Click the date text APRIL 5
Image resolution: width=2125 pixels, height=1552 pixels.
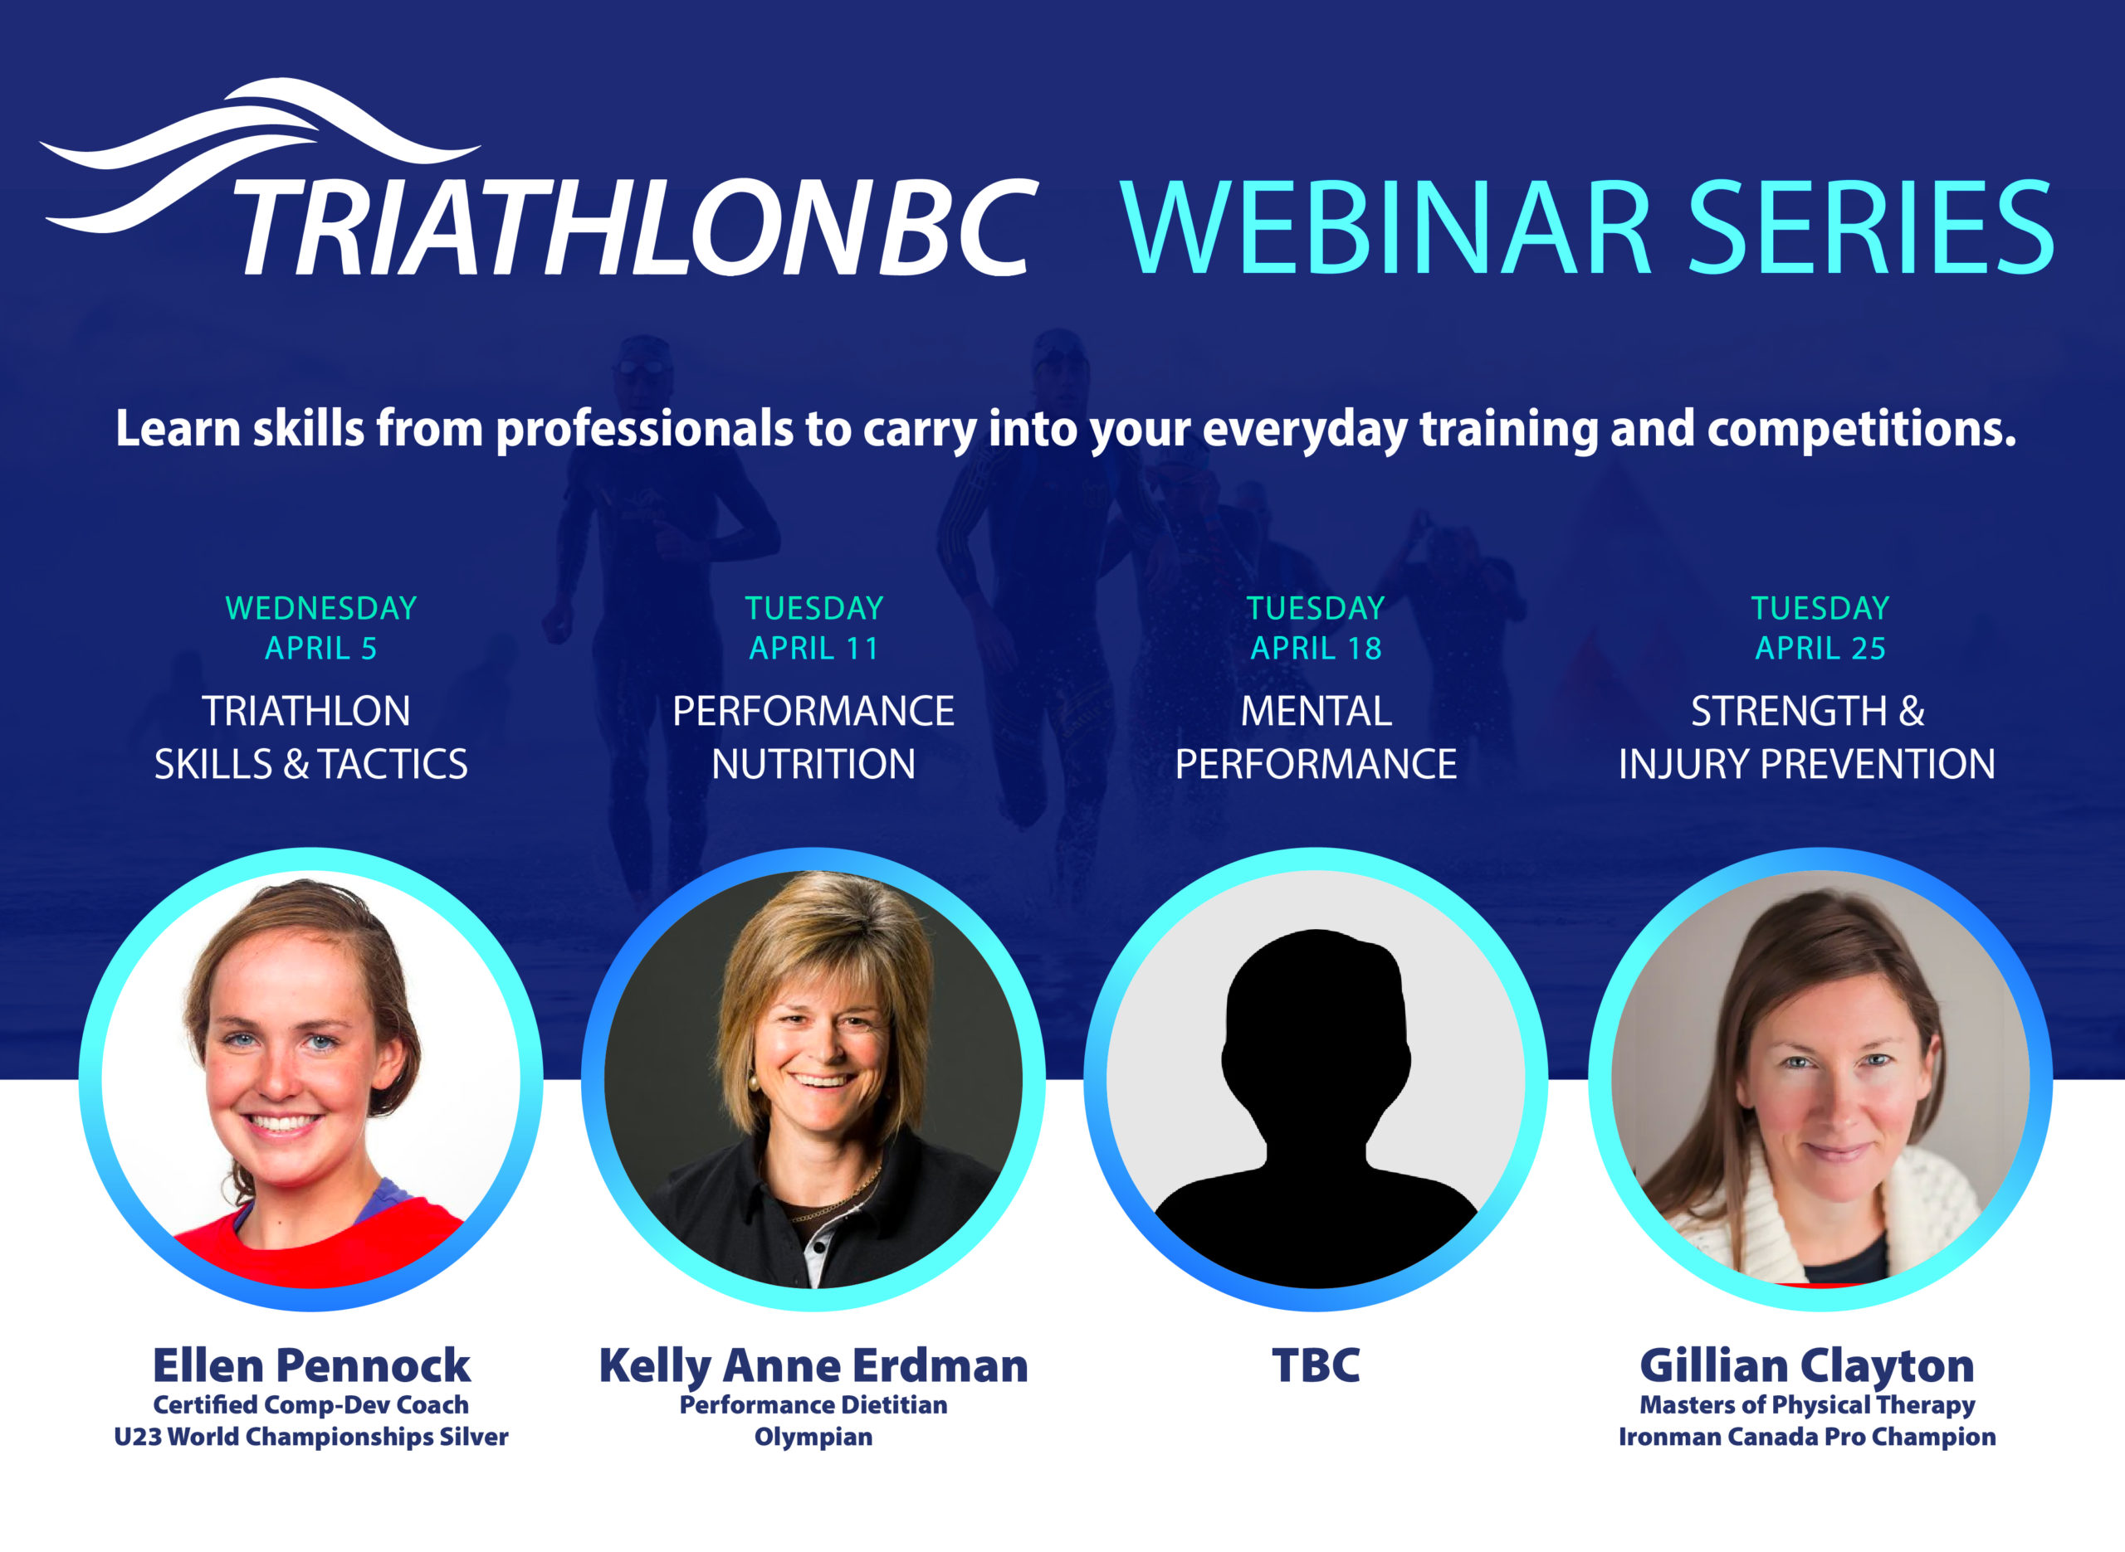coord(320,648)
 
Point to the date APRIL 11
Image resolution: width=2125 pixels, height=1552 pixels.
coord(814,648)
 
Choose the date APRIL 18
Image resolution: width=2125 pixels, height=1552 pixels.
coord(1316,648)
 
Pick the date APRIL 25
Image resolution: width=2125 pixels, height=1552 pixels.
coord(1820,648)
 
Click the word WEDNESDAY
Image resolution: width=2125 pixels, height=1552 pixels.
coord(320,608)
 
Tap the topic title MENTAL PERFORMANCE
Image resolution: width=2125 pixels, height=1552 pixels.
coord(1316,737)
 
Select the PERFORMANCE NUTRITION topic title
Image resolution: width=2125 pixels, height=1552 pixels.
coord(814,737)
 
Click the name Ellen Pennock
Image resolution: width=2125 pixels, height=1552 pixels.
coord(311,1366)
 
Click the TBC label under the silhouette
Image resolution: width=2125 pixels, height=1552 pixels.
coord(1316,1366)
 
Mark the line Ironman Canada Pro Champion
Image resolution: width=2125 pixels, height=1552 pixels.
coord(1807,1438)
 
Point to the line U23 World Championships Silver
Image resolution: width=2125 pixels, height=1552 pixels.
coord(311,1438)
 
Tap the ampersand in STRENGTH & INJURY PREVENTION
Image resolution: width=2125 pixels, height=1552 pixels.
coord(1911,712)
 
